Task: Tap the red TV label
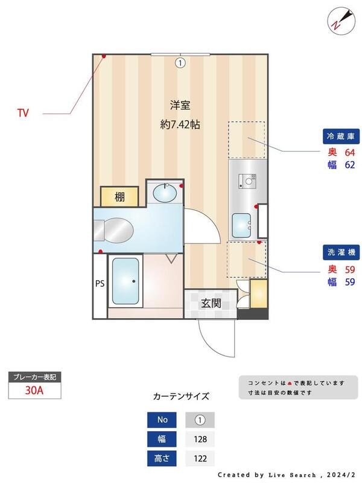(23, 112)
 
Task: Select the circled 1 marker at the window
(180, 62)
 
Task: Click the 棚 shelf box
(120, 197)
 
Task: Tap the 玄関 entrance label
(211, 303)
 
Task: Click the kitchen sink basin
(242, 225)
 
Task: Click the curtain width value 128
(199, 439)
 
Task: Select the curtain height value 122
(199, 459)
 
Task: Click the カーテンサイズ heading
(181, 397)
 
